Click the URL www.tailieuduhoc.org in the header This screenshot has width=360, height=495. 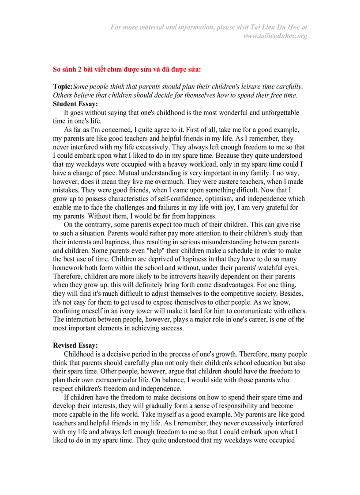coord(275,36)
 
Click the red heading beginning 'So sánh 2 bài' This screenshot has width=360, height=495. coord(127,69)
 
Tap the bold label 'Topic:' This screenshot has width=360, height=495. coord(63,87)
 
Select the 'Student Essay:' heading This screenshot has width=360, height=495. coord(75,104)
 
